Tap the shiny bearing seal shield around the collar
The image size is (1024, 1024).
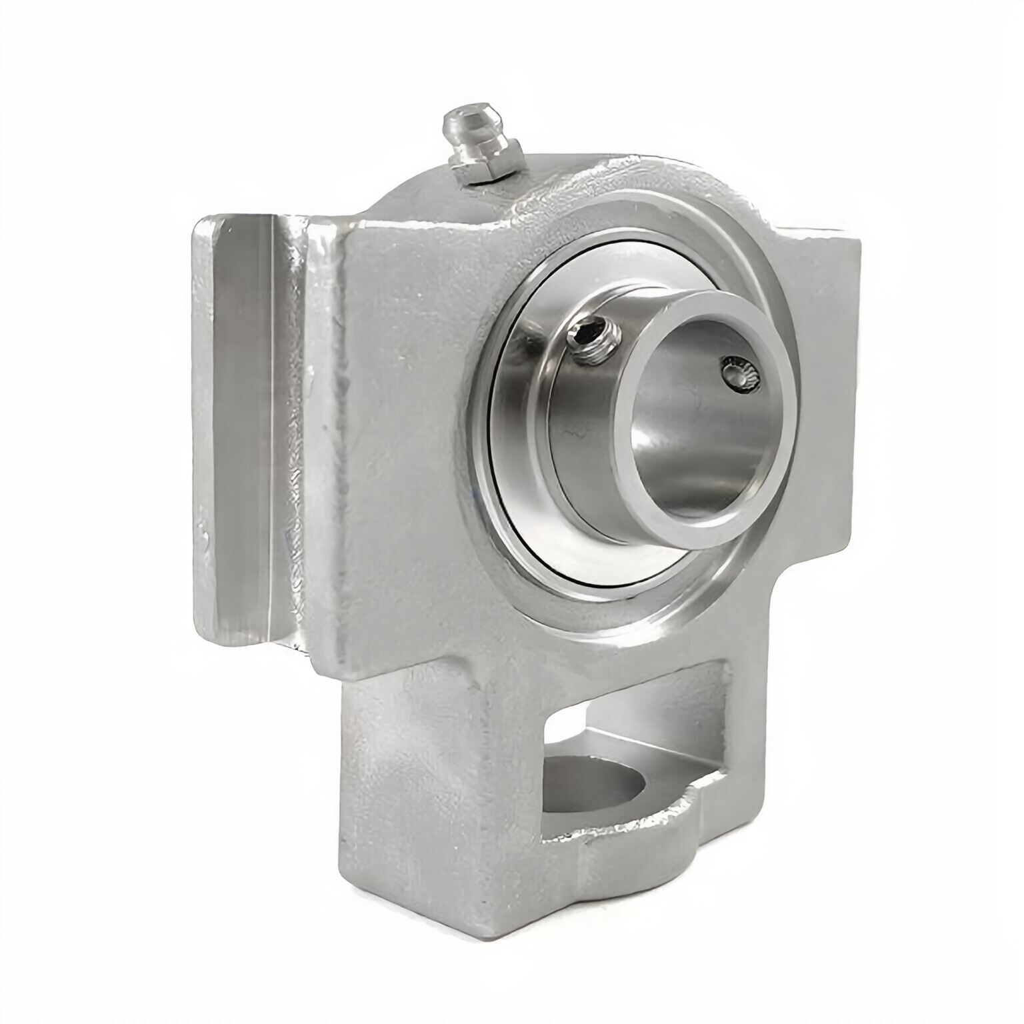tap(527, 480)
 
